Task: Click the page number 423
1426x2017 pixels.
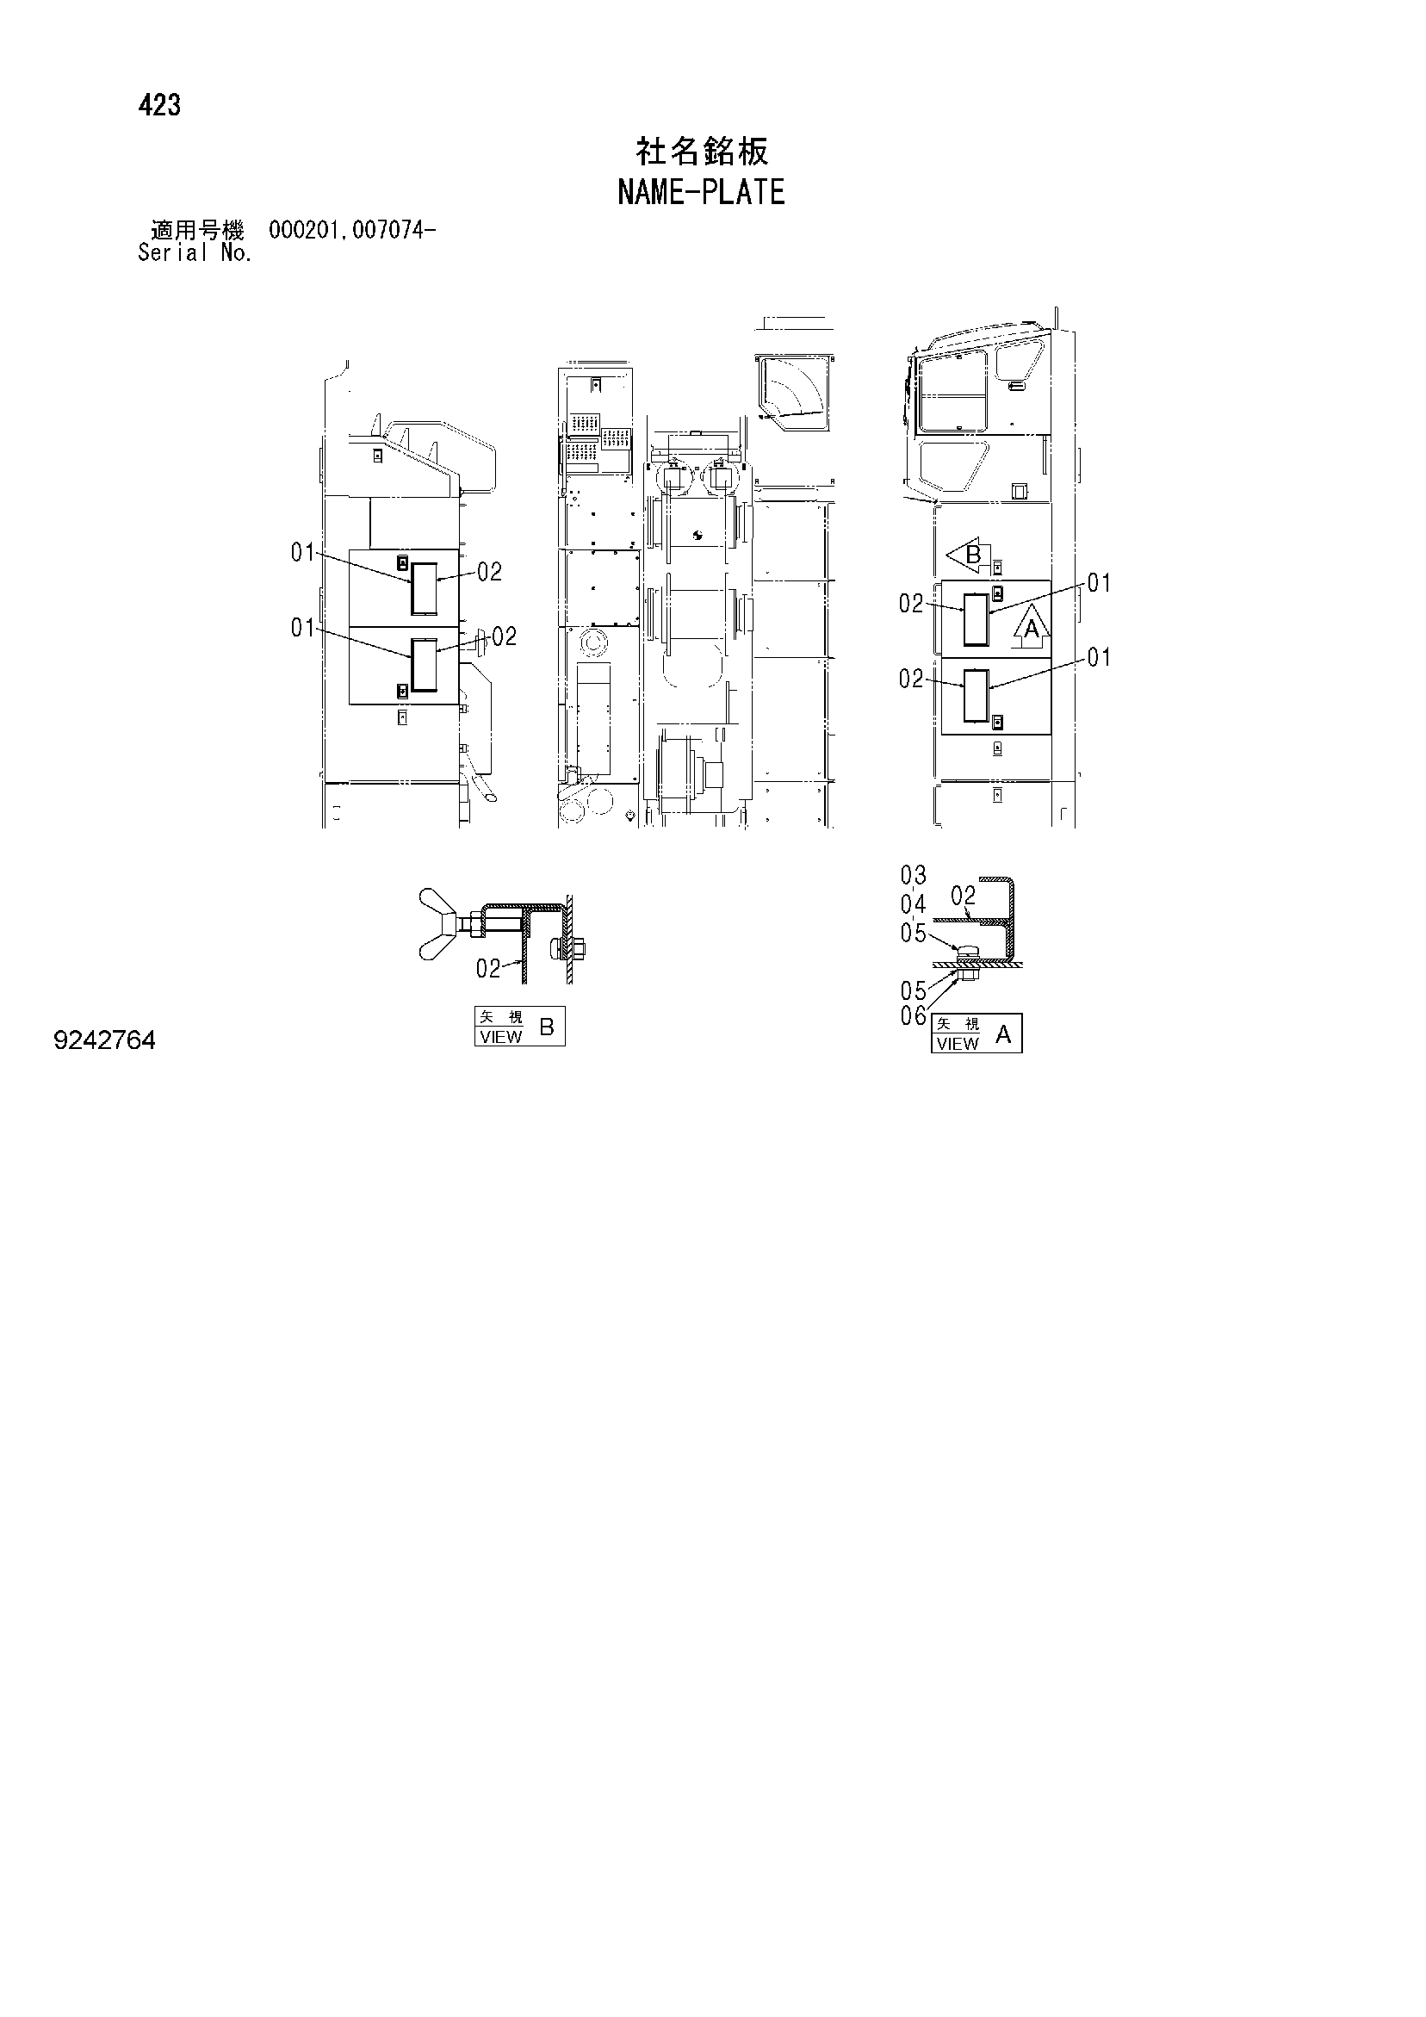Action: click(159, 105)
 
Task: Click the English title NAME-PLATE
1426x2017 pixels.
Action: click(701, 192)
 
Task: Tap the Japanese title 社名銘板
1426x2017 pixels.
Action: click(702, 151)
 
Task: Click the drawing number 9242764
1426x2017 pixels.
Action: click(104, 1041)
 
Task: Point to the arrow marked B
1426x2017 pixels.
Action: click(968, 555)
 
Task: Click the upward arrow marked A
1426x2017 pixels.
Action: click(1032, 626)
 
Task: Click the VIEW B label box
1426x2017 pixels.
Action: click(519, 1026)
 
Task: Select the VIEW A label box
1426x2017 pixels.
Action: click(976, 1033)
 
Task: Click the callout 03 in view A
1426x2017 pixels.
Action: click(913, 875)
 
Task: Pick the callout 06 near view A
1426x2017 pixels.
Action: click(913, 1016)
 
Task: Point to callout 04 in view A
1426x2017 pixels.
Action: click(913, 904)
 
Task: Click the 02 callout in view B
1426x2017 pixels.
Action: click(488, 969)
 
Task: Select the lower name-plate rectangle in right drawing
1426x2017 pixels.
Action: click(976, 696)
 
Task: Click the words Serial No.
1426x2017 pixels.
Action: click(195, 253)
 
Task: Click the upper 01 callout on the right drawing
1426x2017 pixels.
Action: click(1099, 583)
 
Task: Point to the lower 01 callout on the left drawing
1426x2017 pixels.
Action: click(303, 628)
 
